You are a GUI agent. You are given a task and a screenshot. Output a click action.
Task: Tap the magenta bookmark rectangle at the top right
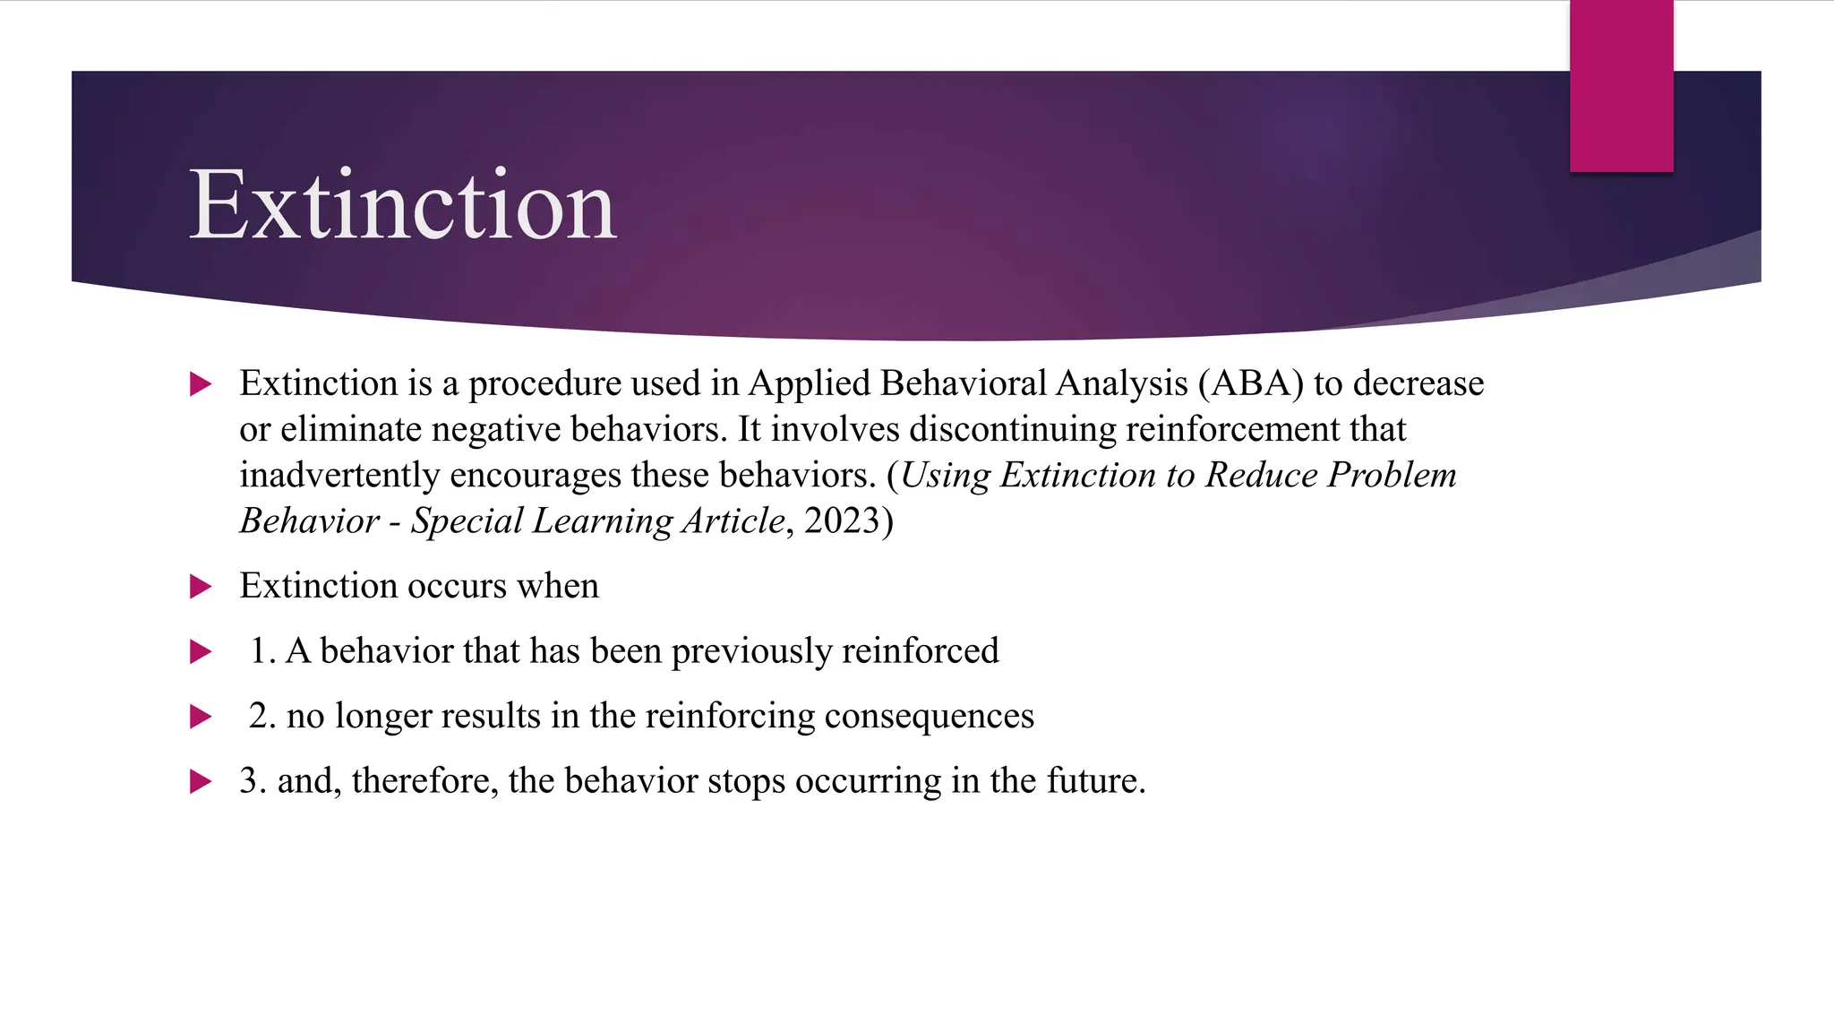pos(1621,86)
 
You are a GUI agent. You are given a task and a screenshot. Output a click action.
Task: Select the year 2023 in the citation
pos(843,521)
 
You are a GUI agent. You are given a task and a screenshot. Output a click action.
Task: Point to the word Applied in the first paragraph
pos(810,383)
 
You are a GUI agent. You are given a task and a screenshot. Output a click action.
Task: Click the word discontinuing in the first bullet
pos(1013,429)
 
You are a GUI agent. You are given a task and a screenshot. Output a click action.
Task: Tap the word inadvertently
pos(339,476)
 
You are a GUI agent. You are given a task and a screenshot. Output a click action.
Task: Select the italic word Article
pos(733,521)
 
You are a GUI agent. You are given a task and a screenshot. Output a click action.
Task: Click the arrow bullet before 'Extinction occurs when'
pos(201,588)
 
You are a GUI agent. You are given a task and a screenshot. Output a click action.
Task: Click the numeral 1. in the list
pos(262,651)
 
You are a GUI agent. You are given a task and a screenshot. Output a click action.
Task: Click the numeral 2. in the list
pos(262,717)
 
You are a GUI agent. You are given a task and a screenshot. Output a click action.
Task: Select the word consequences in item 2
pos(929,717)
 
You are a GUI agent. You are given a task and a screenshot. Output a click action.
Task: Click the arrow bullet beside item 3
pos(201,782)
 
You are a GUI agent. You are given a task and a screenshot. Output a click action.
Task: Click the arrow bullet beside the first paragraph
pos(201,385)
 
